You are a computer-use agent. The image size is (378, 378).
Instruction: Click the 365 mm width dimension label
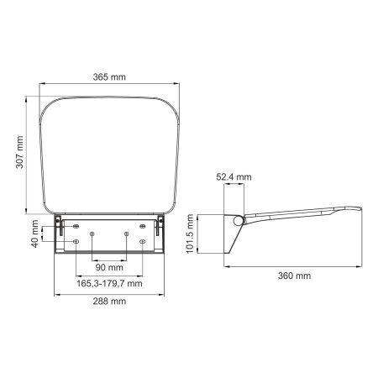111,77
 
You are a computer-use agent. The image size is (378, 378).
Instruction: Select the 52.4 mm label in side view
233,177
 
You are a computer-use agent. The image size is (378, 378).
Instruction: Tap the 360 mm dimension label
295,276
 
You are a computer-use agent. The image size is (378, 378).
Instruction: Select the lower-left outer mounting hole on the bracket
76,242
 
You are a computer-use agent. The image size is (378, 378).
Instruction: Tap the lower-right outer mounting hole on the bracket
143,242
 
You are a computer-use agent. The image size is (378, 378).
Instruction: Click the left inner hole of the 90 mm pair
93,234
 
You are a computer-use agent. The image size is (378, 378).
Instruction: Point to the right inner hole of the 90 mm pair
126,234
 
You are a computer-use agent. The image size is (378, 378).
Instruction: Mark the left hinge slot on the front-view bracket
62,225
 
